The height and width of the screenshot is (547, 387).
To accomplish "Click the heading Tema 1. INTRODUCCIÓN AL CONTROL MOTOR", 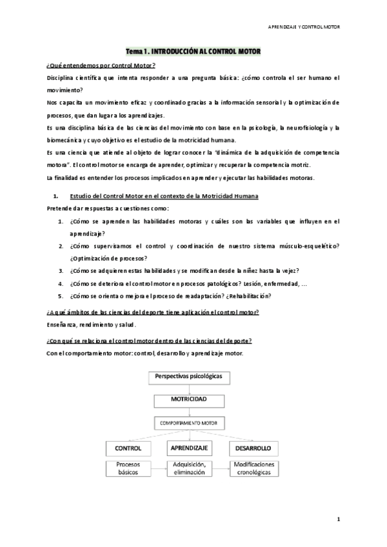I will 193,51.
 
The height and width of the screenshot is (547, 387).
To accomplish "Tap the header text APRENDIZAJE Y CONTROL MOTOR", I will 304,26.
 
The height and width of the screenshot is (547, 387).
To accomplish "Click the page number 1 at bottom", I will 338,518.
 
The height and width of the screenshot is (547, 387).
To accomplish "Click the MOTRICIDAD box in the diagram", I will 188,401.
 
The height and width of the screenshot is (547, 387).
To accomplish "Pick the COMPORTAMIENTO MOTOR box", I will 188,424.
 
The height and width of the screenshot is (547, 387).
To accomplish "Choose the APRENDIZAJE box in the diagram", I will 189,447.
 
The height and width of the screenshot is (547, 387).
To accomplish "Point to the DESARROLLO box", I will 252,447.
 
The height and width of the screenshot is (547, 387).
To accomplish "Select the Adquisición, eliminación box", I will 189,468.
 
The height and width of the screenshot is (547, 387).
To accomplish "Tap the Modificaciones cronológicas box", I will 254,468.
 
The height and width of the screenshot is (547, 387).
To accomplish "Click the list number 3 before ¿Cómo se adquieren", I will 61,270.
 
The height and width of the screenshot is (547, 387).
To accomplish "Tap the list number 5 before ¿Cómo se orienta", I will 61,295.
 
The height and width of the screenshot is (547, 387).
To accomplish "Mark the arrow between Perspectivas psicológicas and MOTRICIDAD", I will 188,388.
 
